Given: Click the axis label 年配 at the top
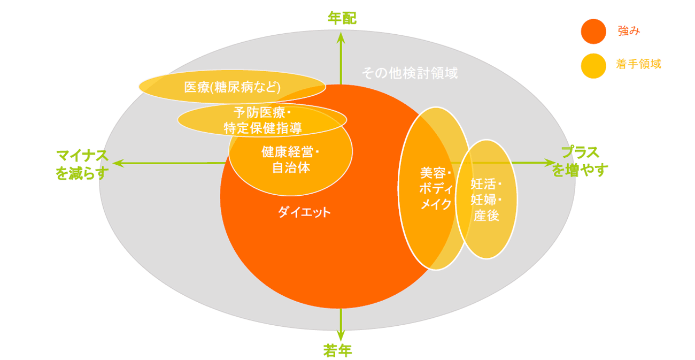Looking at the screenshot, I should pyautogui.click(x=342, y=19).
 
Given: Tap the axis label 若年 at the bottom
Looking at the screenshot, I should pyautogui.click(x=338, y=350).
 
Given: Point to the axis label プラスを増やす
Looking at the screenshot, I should pyautogui.click(x=580, y=162).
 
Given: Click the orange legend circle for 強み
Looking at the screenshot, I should pyautogui.click(x=593, y=32).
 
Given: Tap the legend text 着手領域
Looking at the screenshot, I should pyautogui.click(x=638, y=64).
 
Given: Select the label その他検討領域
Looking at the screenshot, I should pyautogui.click(x=410, y=73).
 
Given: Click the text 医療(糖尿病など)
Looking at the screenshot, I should pyautogui.click(x=232, y=87).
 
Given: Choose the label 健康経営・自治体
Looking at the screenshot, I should pyautogui.click(x=290, y=160).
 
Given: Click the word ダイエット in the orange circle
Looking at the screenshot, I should pyautogui.click(x=304, y=212).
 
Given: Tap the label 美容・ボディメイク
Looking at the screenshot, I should pyautogui.click(x=436, y=189).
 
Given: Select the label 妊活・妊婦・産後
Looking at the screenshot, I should pyautogui.click(x=486, y=200).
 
